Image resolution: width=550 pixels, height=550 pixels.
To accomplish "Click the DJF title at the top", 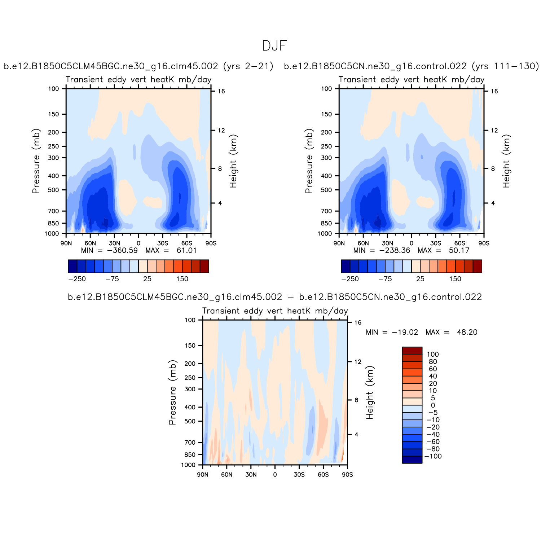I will point(274,46).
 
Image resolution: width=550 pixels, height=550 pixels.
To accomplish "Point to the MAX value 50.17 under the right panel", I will point(459,250).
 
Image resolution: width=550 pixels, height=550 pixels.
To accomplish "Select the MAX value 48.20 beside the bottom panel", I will point(467,332).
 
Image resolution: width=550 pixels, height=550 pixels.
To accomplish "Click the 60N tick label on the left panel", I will point(90,243).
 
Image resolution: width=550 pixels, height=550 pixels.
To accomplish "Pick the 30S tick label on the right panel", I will point(436,243).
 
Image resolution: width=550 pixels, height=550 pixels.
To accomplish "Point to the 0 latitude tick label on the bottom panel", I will point(275,475).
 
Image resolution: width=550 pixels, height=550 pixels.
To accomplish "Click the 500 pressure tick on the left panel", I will point(53,190).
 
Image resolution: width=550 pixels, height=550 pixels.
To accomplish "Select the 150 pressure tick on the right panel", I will point(326,114).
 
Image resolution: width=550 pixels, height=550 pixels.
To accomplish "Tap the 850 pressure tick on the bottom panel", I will point(190,455).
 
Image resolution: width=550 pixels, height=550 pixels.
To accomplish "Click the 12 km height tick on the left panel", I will point(221,130).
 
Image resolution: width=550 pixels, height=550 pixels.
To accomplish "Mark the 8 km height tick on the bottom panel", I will point(356,400).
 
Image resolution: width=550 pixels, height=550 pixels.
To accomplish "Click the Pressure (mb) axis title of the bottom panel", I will point(173,392).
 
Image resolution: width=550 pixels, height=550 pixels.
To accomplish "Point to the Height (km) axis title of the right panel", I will point(506,161).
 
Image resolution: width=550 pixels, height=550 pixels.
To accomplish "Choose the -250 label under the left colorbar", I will point(77,279).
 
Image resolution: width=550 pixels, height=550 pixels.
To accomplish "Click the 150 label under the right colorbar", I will point(455,279).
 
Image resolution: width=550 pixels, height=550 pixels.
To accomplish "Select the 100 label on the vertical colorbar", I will point(433,355).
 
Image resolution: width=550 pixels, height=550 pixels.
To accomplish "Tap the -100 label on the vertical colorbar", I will point(433,456).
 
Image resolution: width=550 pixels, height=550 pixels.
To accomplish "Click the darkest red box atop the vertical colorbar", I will point(412,351).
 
